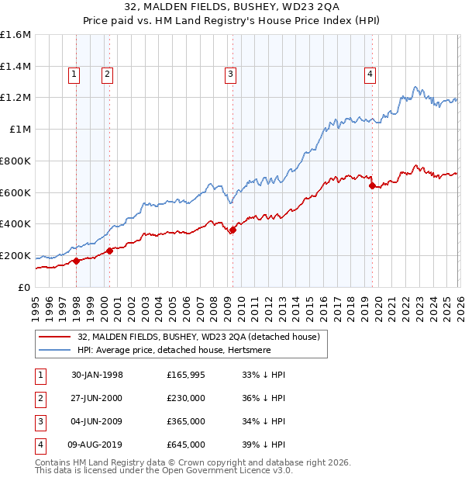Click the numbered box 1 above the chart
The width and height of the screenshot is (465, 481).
point(74,74)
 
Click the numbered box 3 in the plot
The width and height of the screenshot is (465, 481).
point(231,74)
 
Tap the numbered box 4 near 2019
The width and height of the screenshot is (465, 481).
point(370,74)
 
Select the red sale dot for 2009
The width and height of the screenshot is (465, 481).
point(232,229)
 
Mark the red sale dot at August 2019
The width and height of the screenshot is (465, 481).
point(372,185)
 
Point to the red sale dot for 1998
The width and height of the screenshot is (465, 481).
point(77,261)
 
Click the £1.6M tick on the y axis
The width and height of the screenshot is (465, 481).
point(15,35)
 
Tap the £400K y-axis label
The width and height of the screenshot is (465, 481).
point(15,224)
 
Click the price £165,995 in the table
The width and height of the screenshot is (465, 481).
point(186,375)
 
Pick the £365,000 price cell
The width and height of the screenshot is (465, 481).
point(186,421)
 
